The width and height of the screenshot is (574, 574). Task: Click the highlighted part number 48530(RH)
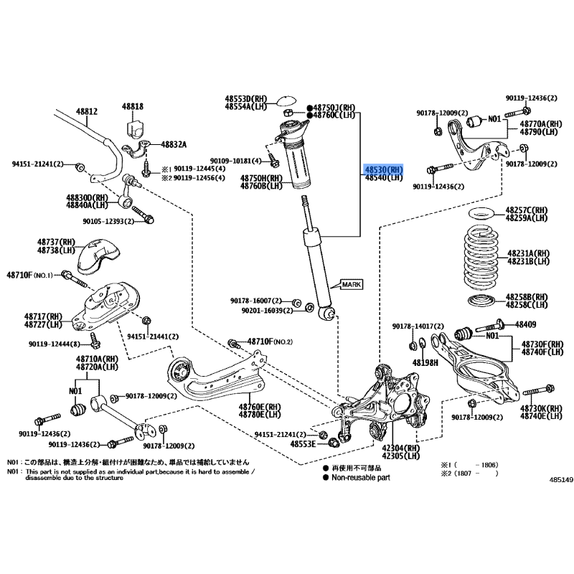(x=384, y=169)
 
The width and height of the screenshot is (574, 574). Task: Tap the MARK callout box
(x=352, y=284)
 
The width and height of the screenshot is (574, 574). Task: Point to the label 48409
(x=530, y=324)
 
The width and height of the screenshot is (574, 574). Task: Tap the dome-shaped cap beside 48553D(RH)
(x=288, y=100)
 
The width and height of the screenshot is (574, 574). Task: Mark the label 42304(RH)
(x=401, y=447)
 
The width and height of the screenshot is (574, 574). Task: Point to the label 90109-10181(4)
(x=236, y=161)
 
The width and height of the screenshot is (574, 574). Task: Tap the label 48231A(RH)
(x=529, y=253)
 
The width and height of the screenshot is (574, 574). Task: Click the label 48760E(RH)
(x=260, y=406)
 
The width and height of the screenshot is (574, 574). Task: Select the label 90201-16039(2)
(x=262, y=310)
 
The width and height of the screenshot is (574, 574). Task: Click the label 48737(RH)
(x=56, y=243)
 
